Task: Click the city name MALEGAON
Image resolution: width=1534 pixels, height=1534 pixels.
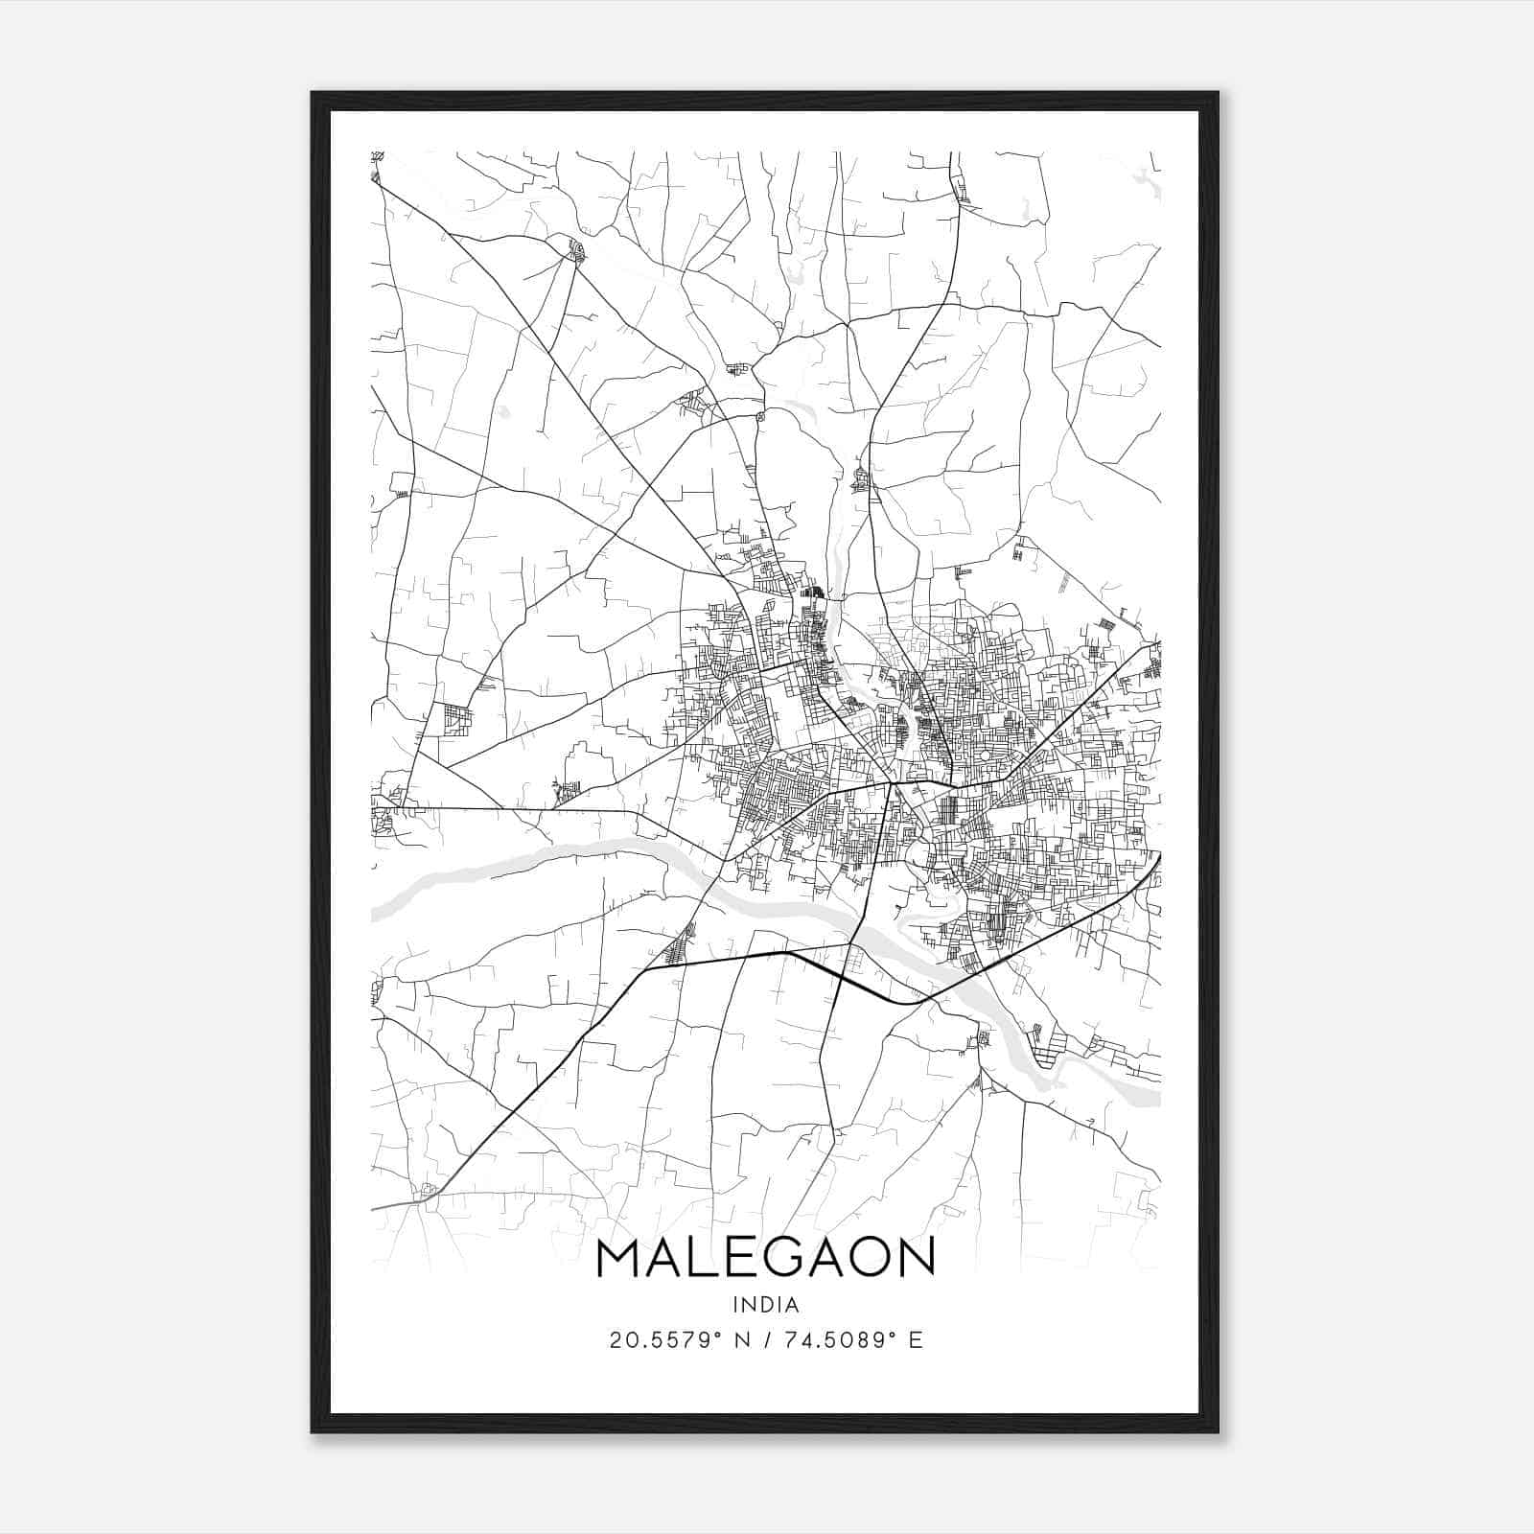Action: click(765, 1258)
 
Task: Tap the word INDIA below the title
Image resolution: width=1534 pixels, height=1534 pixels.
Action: click(765, 1305)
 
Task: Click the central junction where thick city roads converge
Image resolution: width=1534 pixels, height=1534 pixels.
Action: click(891, 784)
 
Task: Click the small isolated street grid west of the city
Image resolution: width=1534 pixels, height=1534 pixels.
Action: click(456, 719)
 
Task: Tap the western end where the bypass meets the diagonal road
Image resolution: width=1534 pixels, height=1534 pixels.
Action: click(643, 969)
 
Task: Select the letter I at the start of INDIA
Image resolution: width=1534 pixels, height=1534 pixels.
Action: click(734, 1305)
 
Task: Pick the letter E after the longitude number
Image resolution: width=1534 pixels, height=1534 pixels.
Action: click(917, 1340)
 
